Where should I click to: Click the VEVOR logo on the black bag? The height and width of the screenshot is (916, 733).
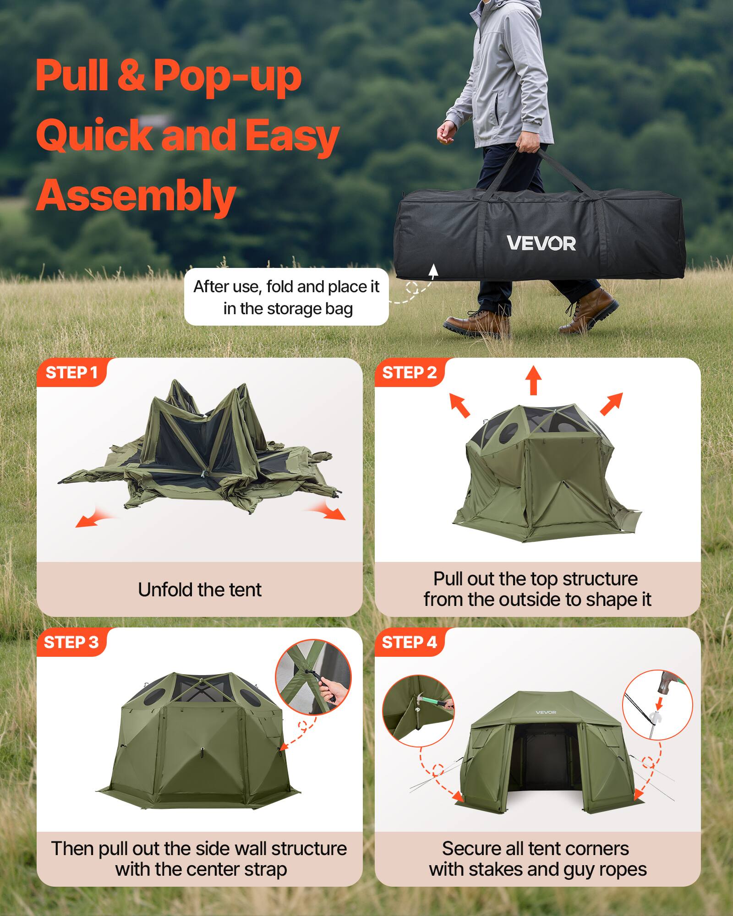click(541, 243)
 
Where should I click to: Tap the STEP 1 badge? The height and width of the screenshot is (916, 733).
click(71, 373)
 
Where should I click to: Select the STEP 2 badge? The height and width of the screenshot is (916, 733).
click(409, 373)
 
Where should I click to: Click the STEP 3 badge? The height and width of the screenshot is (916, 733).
click(71, 643)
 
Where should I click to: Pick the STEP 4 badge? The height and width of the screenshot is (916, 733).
click(409, 643)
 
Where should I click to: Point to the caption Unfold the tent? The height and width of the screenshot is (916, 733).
click(200, 590)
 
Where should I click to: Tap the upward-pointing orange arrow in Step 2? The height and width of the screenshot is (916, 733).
click(533, 380)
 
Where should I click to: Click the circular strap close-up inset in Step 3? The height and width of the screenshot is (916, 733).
click(313, 677)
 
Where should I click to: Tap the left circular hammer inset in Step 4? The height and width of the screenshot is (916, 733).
click(418, 710)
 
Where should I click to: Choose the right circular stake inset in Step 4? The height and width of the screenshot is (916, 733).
click(657, 704)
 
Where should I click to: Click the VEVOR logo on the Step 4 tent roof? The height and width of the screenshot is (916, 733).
click(546, 712)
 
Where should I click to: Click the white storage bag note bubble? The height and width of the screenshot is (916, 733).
click(286, 297)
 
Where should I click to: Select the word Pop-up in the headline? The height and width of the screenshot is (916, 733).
click(227, 76)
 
